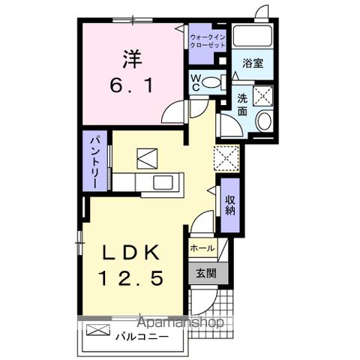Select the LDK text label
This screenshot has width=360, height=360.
132,252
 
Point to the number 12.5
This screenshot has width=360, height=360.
132,278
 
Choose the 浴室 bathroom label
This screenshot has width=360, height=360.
252,64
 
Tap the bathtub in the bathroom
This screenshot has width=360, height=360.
253,36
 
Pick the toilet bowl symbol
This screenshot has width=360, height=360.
213,82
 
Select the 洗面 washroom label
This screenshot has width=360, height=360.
243,104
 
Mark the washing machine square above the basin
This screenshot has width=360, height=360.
263,95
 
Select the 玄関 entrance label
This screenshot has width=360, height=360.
205,272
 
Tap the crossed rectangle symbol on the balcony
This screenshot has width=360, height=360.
98,330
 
